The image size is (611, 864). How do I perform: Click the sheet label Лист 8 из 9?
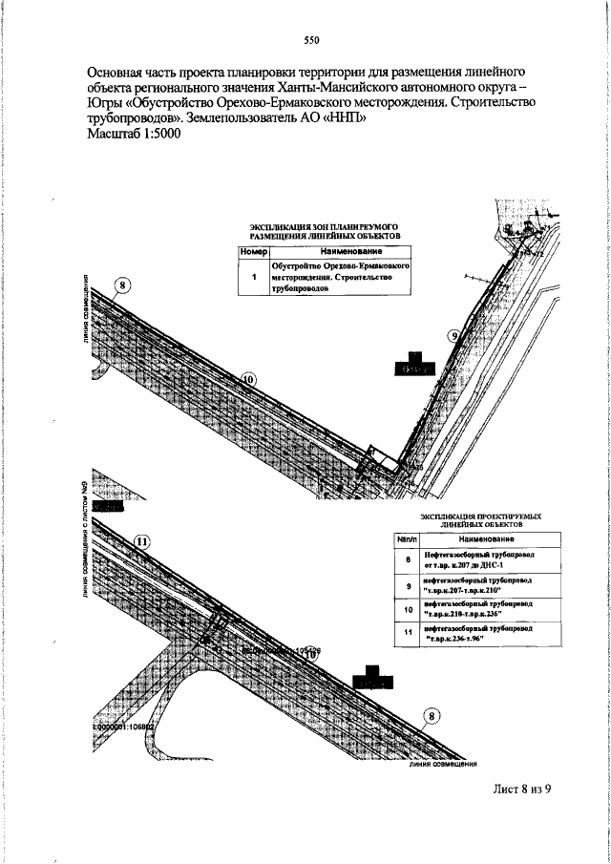(522, 789)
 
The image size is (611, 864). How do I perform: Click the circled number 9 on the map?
(454, 335)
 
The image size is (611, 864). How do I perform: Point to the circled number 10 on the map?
(247, 379)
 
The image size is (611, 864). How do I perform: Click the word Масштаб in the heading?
(113, 134)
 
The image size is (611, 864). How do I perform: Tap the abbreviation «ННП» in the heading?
(344, 118)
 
